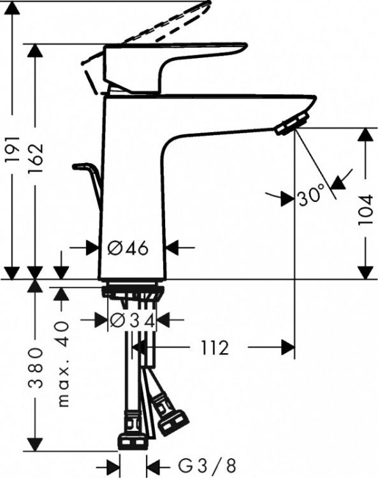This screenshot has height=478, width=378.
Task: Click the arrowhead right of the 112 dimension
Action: coord(287,348)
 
